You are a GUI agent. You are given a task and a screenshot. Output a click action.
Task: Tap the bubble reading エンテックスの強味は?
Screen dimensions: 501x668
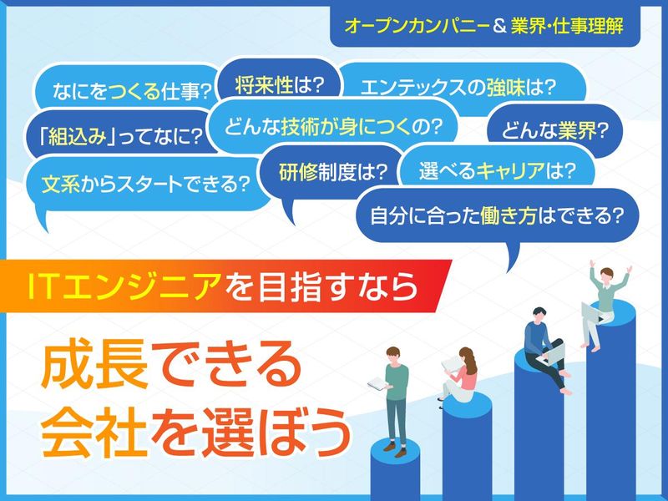459,87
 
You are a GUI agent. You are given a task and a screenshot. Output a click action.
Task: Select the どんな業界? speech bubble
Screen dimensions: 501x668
553,131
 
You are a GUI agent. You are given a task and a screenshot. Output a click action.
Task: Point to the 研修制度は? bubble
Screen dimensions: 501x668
333,172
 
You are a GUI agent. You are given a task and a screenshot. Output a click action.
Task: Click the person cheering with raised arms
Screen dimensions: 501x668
607,301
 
